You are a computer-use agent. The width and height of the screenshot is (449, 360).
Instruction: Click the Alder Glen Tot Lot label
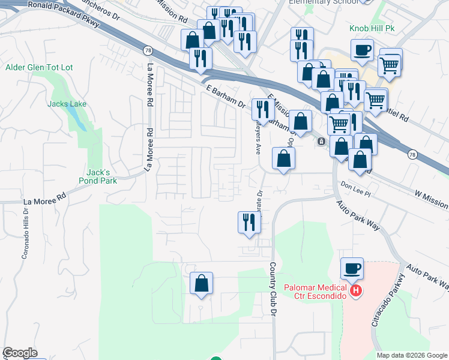tap(39, 68)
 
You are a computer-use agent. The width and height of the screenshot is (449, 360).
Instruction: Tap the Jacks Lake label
tap(67, 104)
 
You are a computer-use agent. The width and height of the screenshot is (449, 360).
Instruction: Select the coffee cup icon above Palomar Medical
tap(352, 268)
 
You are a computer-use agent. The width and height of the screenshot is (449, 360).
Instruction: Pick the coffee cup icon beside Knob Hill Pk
tap(363, 50)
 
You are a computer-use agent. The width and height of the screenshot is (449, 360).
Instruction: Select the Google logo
tap(20, 353)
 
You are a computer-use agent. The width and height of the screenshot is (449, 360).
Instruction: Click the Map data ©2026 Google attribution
tap(411, 355)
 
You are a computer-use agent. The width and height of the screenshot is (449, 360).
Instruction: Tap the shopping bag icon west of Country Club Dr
tap(202, 283)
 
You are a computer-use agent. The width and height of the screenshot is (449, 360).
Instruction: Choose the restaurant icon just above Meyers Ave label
tap(262, 109)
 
